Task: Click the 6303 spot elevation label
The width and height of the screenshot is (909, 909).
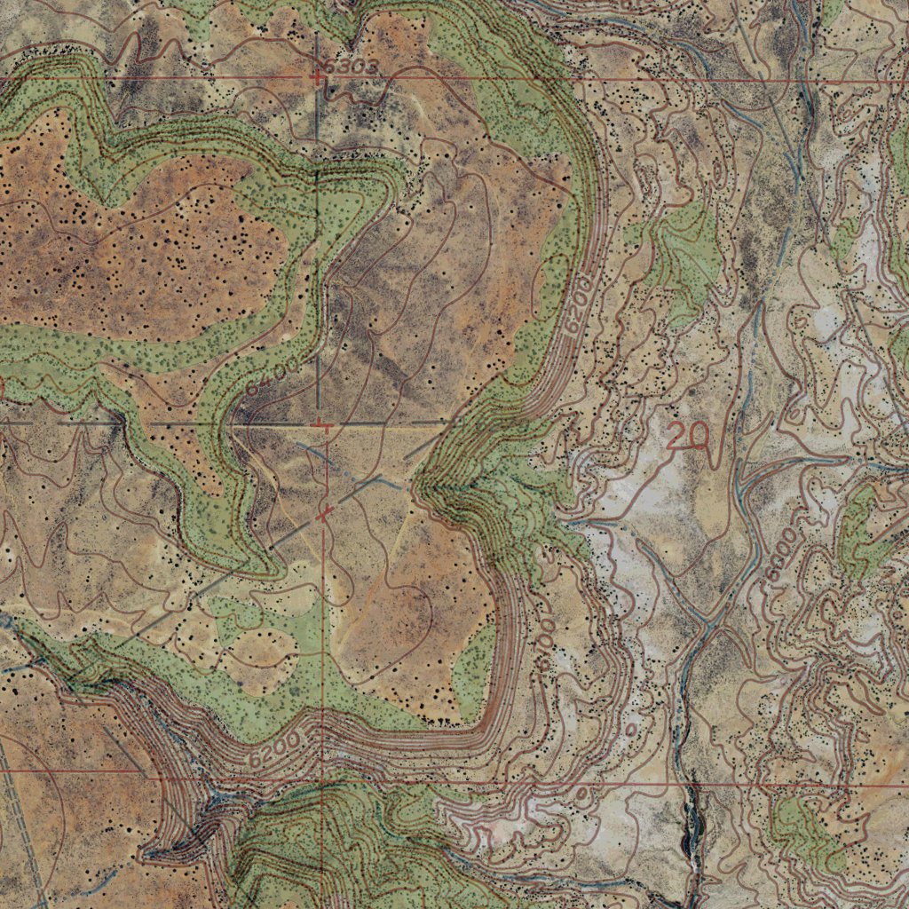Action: click(352, 67)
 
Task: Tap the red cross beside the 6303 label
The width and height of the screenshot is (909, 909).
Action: click(318, 78)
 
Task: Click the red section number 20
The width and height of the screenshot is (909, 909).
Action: click(688, 435)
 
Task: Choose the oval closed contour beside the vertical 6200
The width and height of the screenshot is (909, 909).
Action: click(550, 275)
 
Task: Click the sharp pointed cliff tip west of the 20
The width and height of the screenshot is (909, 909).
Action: click(417, 486)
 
